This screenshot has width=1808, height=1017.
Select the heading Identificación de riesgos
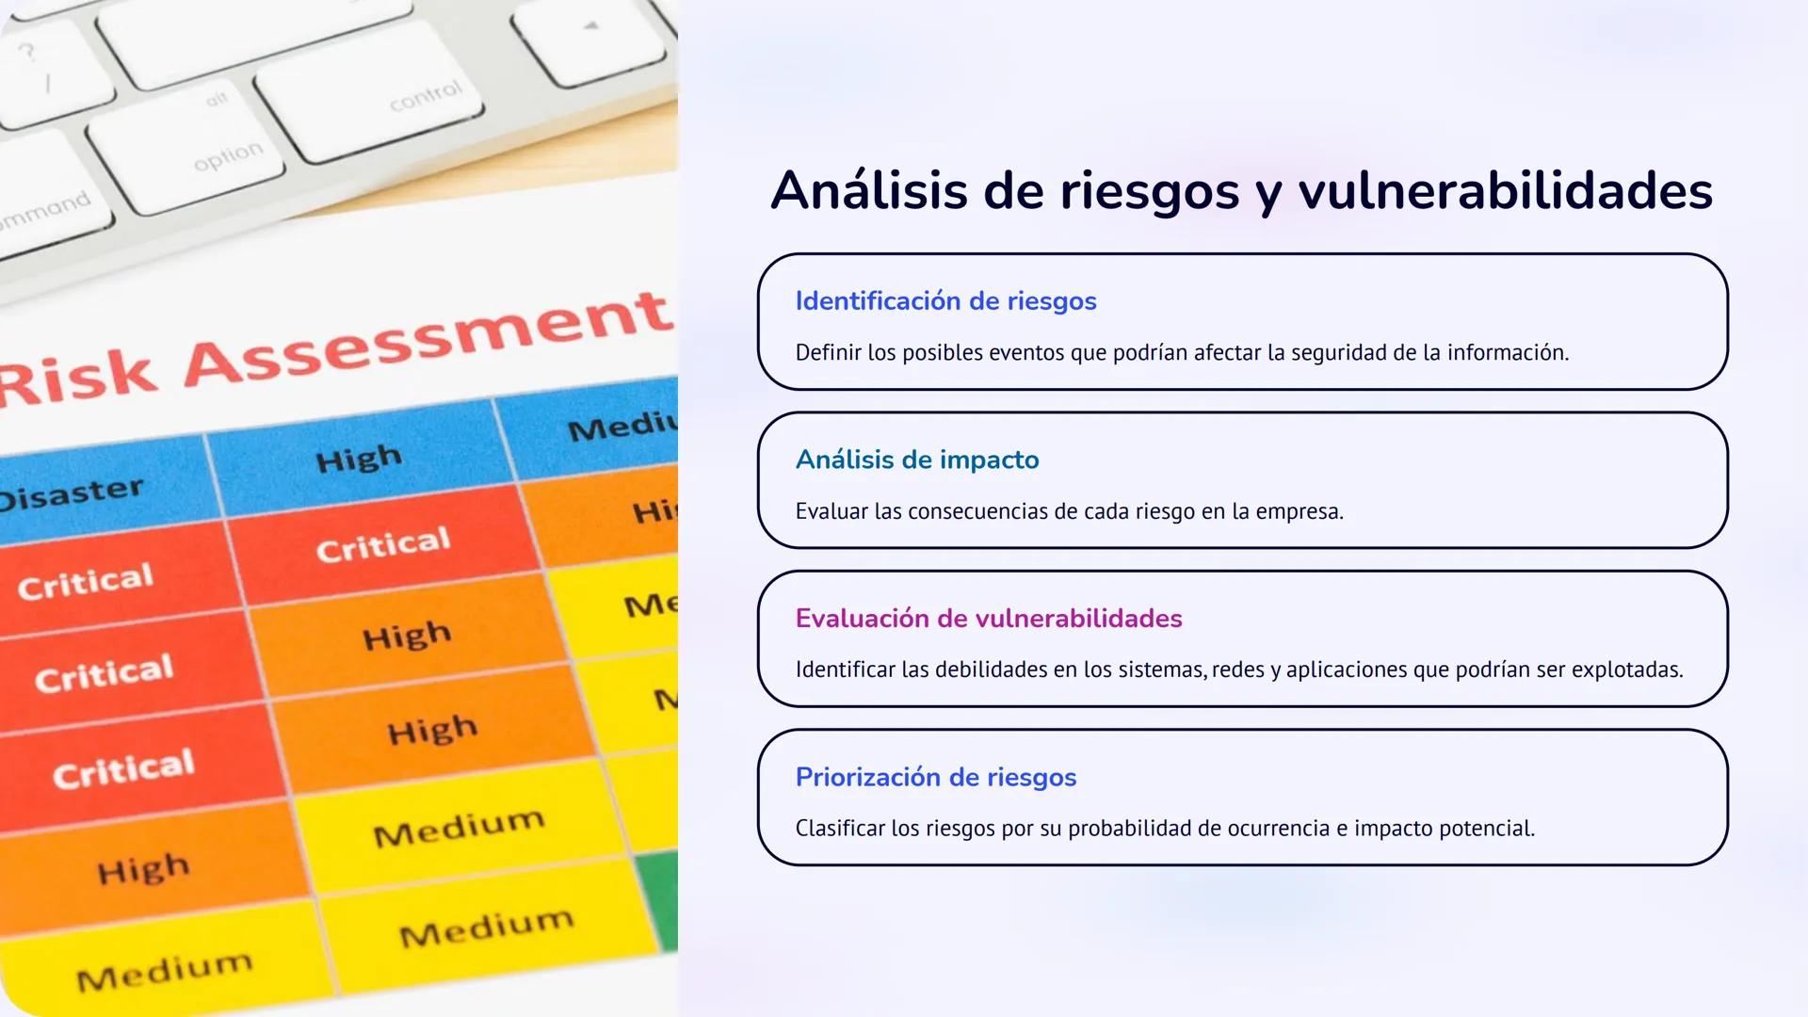click(x=945, y=301)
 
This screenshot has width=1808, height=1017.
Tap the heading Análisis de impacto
click(x=916, y=460)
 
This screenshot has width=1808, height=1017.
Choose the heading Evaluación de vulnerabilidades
click(x=988, y=619)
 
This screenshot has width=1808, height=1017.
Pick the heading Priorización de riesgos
click(x=935, y=777)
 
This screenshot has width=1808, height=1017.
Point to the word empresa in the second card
click(x=1302, y=511)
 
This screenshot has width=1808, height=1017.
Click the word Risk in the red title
click(x=75, y=381)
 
